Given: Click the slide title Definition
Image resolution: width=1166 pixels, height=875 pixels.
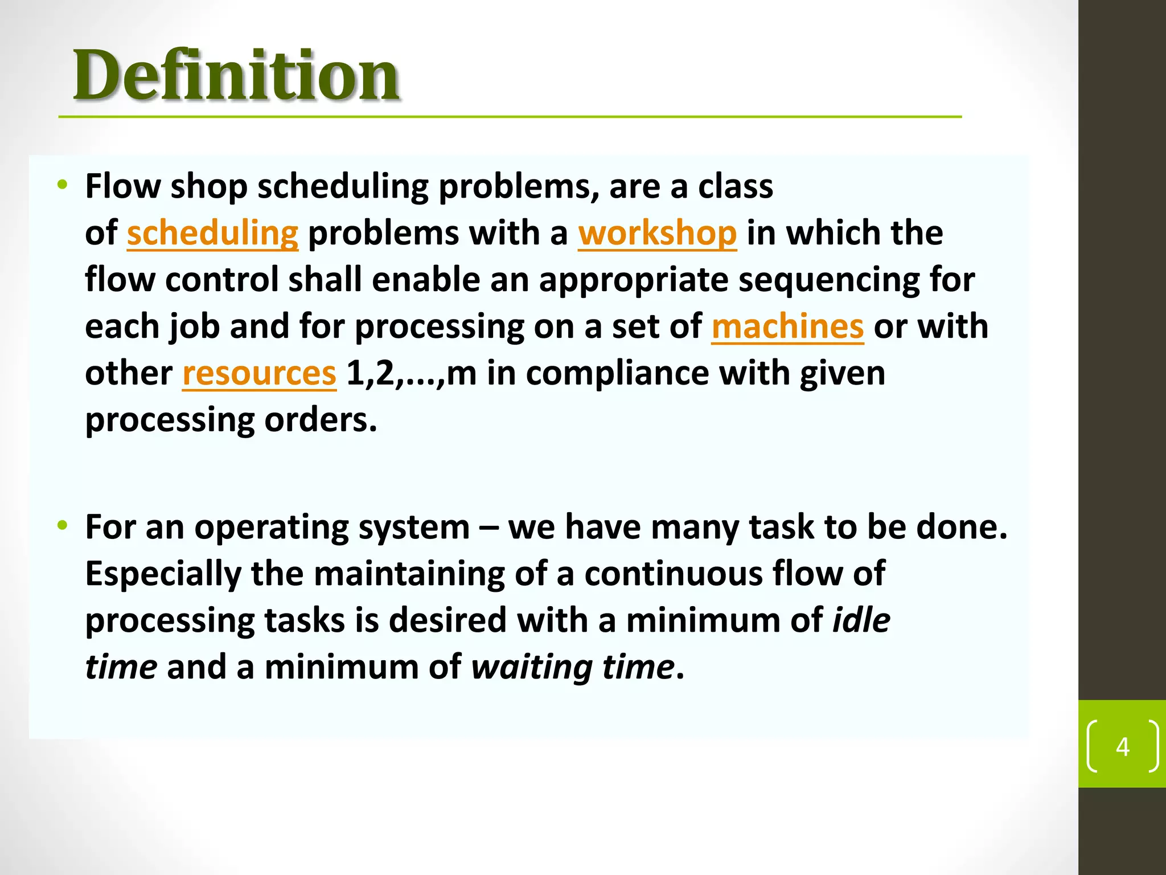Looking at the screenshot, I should pyautogui.click(x=236, y=75).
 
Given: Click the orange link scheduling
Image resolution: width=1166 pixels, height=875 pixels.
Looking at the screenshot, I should pyautogui.click(x=212, y=233).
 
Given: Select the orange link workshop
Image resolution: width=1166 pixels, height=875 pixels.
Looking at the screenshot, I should pyautogui.click(x=658, y=233).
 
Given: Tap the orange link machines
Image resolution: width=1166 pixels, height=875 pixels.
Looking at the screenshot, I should pyautogui.click(x=787, y=326).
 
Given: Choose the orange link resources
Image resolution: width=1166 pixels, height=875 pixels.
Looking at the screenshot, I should pyautogui.click(x=259, y=373).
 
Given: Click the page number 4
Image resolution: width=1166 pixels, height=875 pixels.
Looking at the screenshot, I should pyautogui.click(x=1122, y=746).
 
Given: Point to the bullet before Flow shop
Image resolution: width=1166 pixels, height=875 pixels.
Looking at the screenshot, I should pyautogui.click(x=63, y=185).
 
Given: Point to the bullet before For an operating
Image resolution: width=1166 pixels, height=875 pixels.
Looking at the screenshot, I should pyautogui.click(x=63, y=525).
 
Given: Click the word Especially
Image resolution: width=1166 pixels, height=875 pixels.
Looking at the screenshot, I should pyautogui.click(x=163, y=574).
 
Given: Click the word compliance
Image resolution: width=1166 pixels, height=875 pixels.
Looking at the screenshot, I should pyautogui.click(x=617, y=373).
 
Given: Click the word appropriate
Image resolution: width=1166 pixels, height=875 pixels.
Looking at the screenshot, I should pyautogui.click(x=634, y=280).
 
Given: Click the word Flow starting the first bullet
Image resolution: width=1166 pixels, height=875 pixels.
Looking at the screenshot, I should pyautogui.click(x=122, y=186).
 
